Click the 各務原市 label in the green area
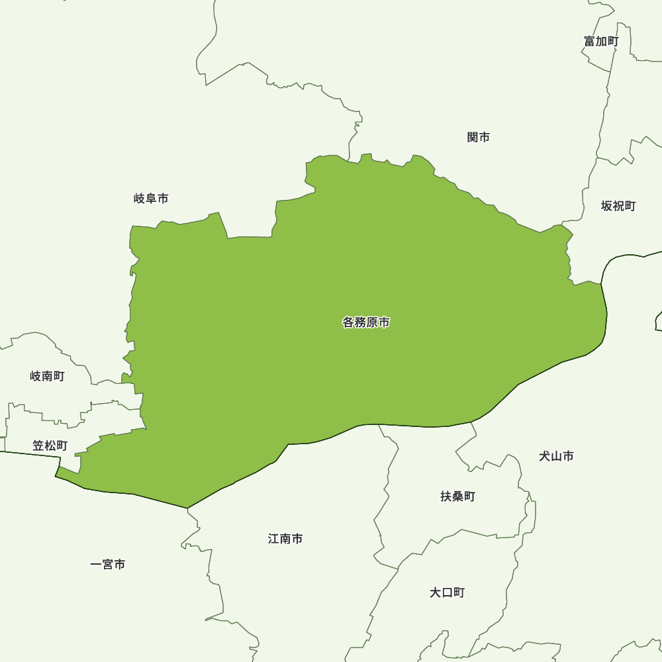pyautogui.click(x=366, y=323)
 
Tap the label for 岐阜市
pyautogui.click(x=151, y=199)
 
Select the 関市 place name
pyautogui.click(x=479, y=137)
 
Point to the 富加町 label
pyautogui.click(x=601, y=41)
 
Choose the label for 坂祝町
pyautogui.click(x=618, y=206)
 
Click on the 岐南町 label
pyautogui.click(x=48, y=377)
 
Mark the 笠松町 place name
pyautogui.click(x=50, y=446)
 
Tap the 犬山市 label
pyautogui.click(x=556, y=456)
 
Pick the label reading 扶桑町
pyautogui.click(x=458, y=496)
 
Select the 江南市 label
pyautogui.click(x=285, y=539)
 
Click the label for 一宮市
pyautogui.click(x=108, y=565)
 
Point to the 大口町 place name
pyautogui.click(x=448, y=592)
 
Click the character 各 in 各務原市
pyautogui.click(x=348, y=323)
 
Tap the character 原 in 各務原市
pyautogui.click(x=372, y=323)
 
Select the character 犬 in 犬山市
pyautogui.click(x=544, y=456)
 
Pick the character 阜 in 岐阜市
pyautogui.click(x=151, y=199)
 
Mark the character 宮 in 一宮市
pyautogui.click(x=108, y=565)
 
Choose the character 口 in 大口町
pyautogui.click(x=448, y=592)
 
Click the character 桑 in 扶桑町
pyautogui.click(x=458, y=496)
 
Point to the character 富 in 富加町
pyautogui.click(x=589, y=41)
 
